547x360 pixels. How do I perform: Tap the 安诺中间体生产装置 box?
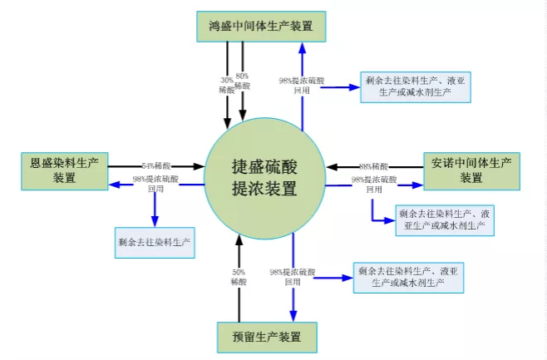coord(471,170)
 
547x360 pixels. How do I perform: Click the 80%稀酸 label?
coord(242,81)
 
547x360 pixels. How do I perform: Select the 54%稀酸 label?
coord(156,165)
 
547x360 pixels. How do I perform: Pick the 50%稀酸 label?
coord(238,277)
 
